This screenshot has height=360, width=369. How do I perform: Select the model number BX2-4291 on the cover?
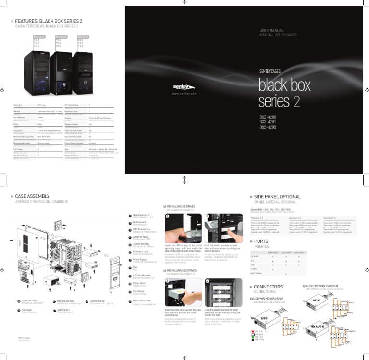268,122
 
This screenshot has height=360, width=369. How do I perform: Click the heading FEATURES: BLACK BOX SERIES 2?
49,22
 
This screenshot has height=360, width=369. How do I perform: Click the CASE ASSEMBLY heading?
34,196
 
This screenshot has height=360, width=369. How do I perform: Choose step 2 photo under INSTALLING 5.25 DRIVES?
222,292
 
